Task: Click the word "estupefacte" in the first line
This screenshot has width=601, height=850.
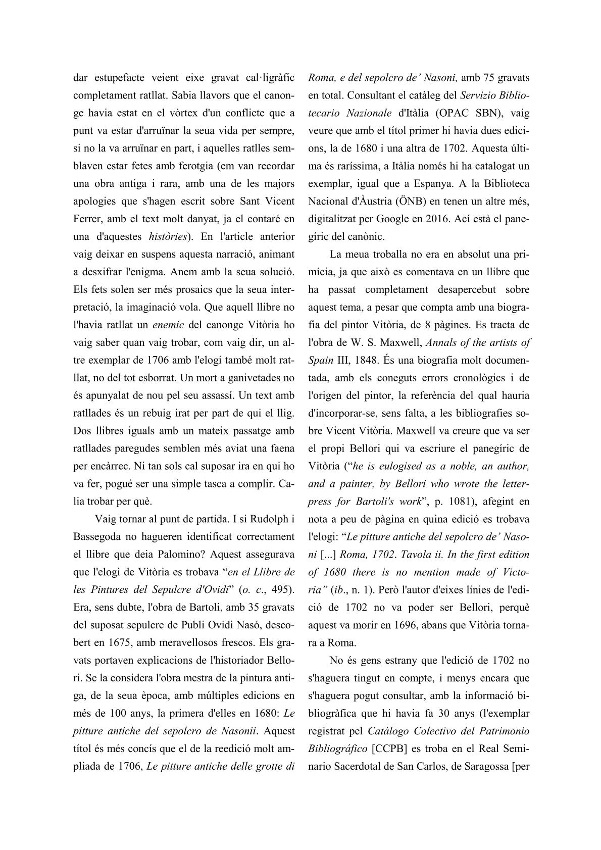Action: pos(118,78)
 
